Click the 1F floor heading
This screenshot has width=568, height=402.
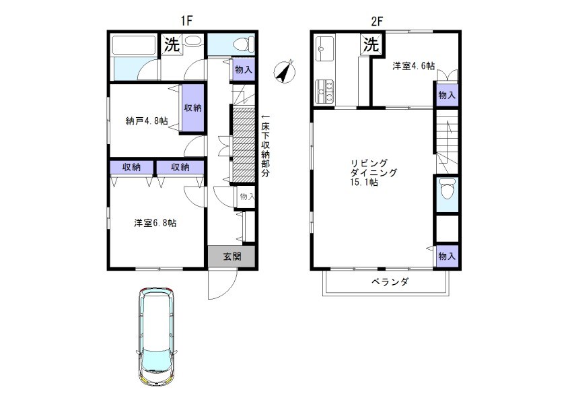coord(186,21)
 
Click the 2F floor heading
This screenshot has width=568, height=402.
coord(376,21)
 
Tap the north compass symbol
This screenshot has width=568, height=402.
coord(285,71)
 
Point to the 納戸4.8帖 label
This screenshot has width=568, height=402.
coord(145,121)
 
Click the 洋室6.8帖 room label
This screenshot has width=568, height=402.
coord(155,223)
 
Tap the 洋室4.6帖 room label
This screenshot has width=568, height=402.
coord(413,66)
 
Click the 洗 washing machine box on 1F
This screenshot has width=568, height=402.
coord(172,45)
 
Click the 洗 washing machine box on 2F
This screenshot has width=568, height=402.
coord(371,45)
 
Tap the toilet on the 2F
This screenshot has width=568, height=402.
coord(446,193)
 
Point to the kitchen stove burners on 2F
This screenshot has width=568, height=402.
coord(324,92)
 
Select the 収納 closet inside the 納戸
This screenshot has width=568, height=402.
coord(193,108)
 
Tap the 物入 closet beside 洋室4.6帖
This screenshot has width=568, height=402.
coord(446,95)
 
